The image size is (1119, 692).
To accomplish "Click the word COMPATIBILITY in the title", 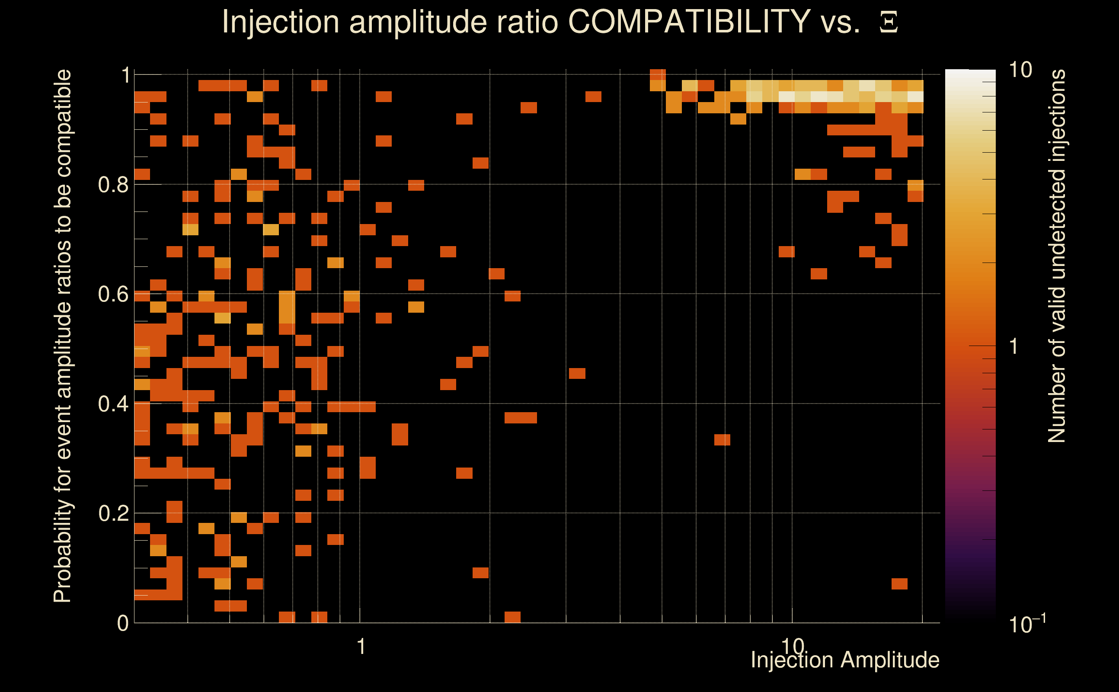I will tap(689, 22).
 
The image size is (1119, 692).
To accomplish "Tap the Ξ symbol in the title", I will tap(889, 22).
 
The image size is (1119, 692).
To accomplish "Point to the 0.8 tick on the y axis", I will tap(113, 185).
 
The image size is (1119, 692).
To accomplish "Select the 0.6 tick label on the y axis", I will tap(113, 294).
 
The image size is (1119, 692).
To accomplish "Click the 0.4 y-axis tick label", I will tap(113, 404).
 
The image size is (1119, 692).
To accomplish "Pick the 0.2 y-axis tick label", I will tap(113, 513).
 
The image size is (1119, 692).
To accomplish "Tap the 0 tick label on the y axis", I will tap(123, 623).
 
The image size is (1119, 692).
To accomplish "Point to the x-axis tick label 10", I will tap(793, 646).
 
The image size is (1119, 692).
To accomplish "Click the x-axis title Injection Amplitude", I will tap(845, 660).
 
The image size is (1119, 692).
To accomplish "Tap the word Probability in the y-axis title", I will tap(63, 551).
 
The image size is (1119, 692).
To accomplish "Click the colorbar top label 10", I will tap(1020, 70).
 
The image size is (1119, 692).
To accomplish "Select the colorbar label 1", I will tap(1014, 346).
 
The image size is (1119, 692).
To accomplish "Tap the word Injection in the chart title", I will tap(281, 22).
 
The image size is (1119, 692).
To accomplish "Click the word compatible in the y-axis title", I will tap(63, 124).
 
